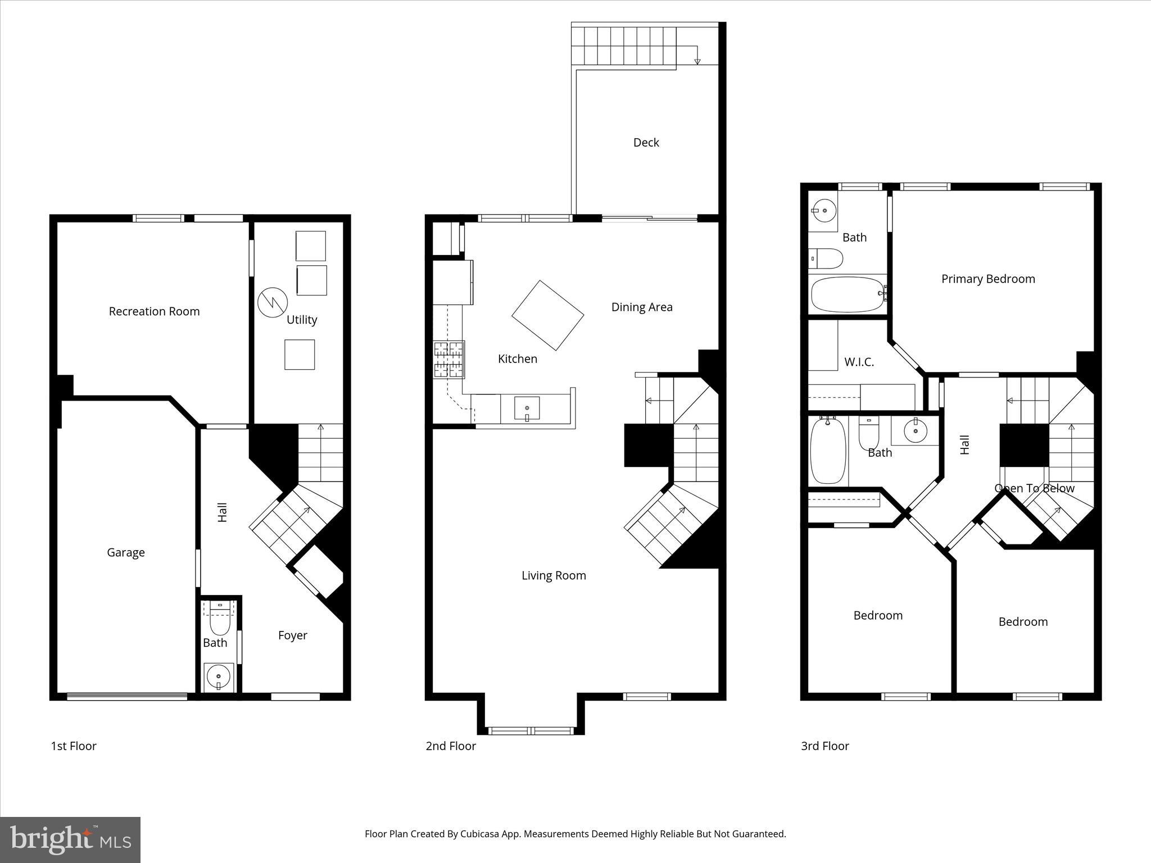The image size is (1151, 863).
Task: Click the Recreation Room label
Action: pyautogui.click(x=154, y=311)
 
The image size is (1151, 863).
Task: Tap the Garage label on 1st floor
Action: pyautogui.click(x=126, y=552)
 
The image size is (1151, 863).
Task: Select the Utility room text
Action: pyautogui.click(x=302, y=320)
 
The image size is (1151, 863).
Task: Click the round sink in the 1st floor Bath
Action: pyautogui.click(x=219, y=676)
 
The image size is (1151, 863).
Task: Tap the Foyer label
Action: pyautogui.click(x=292, y=635)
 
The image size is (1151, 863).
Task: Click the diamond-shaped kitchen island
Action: pyautogui.click(x=547, y=315)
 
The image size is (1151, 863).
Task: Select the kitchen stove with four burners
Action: pyautogui.click(x=448, y=360)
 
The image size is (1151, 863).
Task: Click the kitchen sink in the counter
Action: pyautogui.click(x=527, y=408)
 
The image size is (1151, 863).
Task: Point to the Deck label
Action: pyautogui.click(x=646, y=143)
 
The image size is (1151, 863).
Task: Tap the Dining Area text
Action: pyautogui.click(x=642, y=307)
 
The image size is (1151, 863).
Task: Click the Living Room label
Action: pyautogui.click(x=554, y=575)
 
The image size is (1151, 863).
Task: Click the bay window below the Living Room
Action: pyautogui.click(x=531, y=730)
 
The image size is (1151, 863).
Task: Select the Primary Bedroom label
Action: pyautogui.click(x=988, y=279)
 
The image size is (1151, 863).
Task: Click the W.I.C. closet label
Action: pyautogui.click(x=859, y=362)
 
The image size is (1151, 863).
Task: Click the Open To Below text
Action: pyautogui.click(x=1034, y=488)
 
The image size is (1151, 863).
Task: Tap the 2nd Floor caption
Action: pyautogui.click(x=451, y=746)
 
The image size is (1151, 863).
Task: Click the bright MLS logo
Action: pyautogui.click(x=70, y=839)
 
